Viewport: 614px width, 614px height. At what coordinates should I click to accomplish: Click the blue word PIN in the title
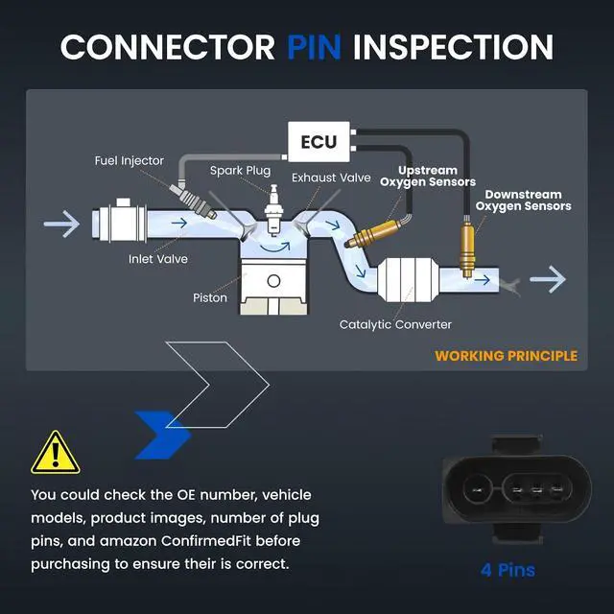tap(314, 47)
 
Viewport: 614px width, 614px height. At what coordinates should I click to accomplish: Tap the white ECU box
tap(319, 142)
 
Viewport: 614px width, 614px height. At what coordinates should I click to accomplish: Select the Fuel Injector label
tap(130, 160)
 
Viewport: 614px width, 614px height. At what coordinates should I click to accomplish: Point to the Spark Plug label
tap(240, 171)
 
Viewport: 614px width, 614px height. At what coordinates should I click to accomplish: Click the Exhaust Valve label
tap(331, 177)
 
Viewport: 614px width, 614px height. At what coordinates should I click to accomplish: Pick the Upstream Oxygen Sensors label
tap(428, 177)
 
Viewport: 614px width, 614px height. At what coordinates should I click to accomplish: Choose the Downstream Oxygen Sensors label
tap(523, 201)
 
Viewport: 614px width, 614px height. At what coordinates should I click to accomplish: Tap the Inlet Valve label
tap(158, 259)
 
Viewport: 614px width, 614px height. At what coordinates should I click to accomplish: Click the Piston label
tap(210, 297)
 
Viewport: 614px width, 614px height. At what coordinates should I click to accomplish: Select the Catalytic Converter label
tap(395, 324)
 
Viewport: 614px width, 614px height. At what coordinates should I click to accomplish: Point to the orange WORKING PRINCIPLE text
tap(506, 356)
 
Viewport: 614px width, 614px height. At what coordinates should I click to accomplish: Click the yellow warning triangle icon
tap(56, 454)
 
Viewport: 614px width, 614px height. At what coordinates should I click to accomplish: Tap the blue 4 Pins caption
tap(508, 570)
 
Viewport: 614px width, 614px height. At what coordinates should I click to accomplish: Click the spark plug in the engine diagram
tap(273, 210)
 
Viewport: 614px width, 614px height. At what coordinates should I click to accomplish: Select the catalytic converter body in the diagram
tap(408, 279)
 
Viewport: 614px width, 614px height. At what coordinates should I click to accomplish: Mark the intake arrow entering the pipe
tap(61, 224)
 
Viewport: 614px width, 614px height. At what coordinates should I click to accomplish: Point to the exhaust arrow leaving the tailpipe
tap(548, 279)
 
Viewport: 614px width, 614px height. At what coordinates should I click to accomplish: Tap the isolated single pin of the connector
tap(478, 489)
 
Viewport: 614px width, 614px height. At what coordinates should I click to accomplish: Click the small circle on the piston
tap(273, 281)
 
